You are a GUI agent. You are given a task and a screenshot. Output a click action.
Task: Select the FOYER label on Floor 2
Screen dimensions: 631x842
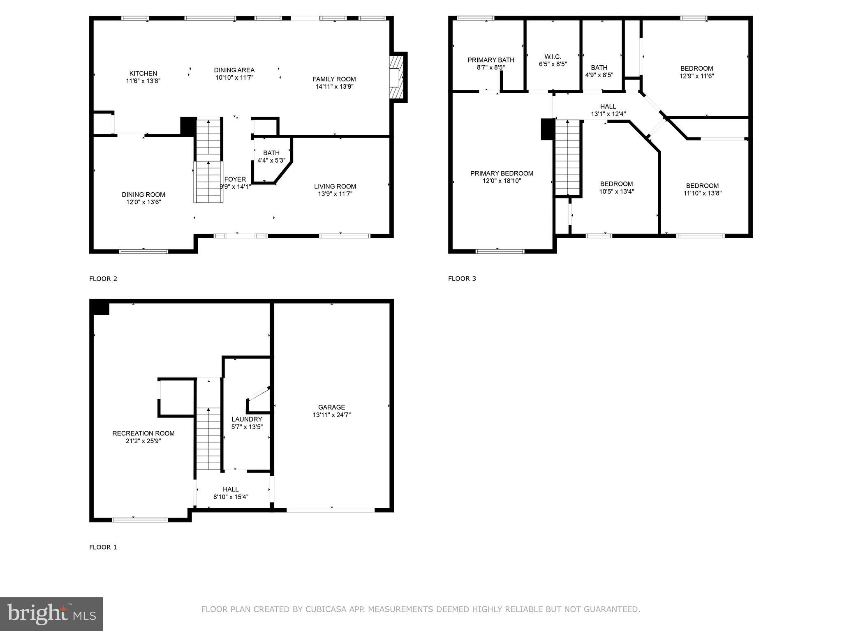click(235, 179)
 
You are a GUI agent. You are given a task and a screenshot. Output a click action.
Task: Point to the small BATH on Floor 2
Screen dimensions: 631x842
click(271, 157)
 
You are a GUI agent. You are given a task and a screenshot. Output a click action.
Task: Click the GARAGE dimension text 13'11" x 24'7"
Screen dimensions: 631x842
click(331, 415)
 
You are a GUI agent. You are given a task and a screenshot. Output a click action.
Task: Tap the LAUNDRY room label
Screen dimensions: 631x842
click(247, 419)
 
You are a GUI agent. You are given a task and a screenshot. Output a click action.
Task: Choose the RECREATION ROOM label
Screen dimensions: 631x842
click(143, 433)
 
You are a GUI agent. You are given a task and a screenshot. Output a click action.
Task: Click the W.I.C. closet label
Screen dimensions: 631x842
click(553, 56)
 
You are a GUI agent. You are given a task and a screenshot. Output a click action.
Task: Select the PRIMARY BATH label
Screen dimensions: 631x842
click(490, 60)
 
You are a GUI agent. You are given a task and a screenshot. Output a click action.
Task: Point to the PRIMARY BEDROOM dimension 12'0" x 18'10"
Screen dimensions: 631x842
click(502, 181)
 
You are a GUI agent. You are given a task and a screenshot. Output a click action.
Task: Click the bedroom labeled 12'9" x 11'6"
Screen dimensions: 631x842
click(696, 72)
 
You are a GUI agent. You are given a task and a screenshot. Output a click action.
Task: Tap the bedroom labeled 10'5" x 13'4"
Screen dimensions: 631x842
click(616, 187)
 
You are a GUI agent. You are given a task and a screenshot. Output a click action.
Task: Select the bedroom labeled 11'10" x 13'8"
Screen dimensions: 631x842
click(702, 189)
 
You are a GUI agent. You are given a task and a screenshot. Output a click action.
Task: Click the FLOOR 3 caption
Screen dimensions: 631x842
click(462, 279)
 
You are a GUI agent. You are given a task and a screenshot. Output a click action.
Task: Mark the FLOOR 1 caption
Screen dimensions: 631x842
click(103, 547)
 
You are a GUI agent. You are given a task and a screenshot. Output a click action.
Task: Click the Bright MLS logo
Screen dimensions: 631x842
click(51, 614)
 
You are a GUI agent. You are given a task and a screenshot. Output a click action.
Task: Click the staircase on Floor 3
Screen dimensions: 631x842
click(567, 158)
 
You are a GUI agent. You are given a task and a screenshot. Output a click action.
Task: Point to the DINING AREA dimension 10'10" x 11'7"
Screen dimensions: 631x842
click(234, 77)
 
